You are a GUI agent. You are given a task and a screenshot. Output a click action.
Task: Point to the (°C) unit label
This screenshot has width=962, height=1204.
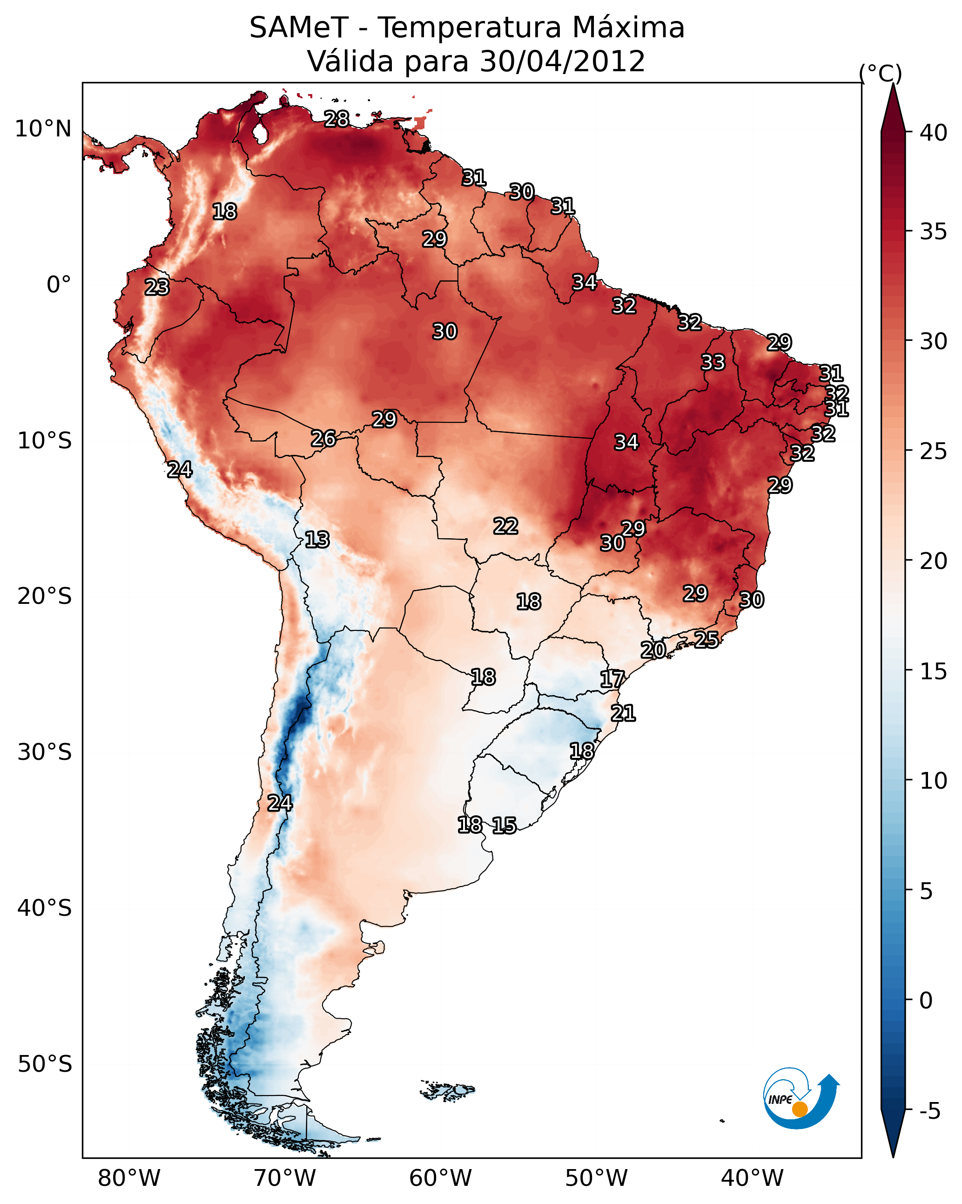pos(880,73)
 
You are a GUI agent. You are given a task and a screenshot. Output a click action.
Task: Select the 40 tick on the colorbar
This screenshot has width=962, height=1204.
pos(934,133)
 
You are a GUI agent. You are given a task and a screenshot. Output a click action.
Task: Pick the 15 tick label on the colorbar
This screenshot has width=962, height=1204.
pos(934,672)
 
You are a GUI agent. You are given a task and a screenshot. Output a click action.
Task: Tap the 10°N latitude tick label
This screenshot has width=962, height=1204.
pos(43,129)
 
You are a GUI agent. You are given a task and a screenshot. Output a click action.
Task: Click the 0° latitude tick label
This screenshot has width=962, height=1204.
pos(59,285)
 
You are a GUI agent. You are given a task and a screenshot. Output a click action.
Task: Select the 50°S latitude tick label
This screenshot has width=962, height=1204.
pos(45,1064)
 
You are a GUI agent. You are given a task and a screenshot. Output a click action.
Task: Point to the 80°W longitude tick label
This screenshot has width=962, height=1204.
pos(129,1178)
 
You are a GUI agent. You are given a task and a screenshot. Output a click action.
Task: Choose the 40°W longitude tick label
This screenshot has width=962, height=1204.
pos(752,1178)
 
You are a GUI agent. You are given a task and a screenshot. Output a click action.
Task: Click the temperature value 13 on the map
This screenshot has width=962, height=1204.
pos(317,540)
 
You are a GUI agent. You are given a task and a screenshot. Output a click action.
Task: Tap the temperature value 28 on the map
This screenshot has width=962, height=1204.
pos(336,119)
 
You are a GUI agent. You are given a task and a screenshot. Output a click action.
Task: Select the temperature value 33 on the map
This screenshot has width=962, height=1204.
pos(713,362)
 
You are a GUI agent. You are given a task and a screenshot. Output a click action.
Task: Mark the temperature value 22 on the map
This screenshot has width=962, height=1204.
pos(506,526)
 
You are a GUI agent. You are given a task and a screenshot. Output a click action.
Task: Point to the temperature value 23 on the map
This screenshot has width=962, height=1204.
pos(157,287)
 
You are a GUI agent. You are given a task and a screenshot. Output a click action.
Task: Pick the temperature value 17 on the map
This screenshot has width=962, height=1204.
pos(612,679)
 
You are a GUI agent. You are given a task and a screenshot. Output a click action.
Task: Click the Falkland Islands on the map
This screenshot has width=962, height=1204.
pos(448,1089)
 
